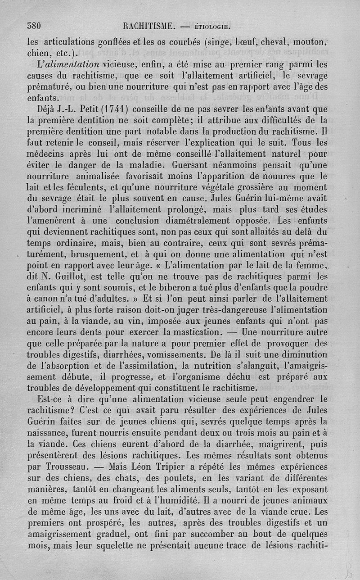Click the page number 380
click(34, 26)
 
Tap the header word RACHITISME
click(148, 26)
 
